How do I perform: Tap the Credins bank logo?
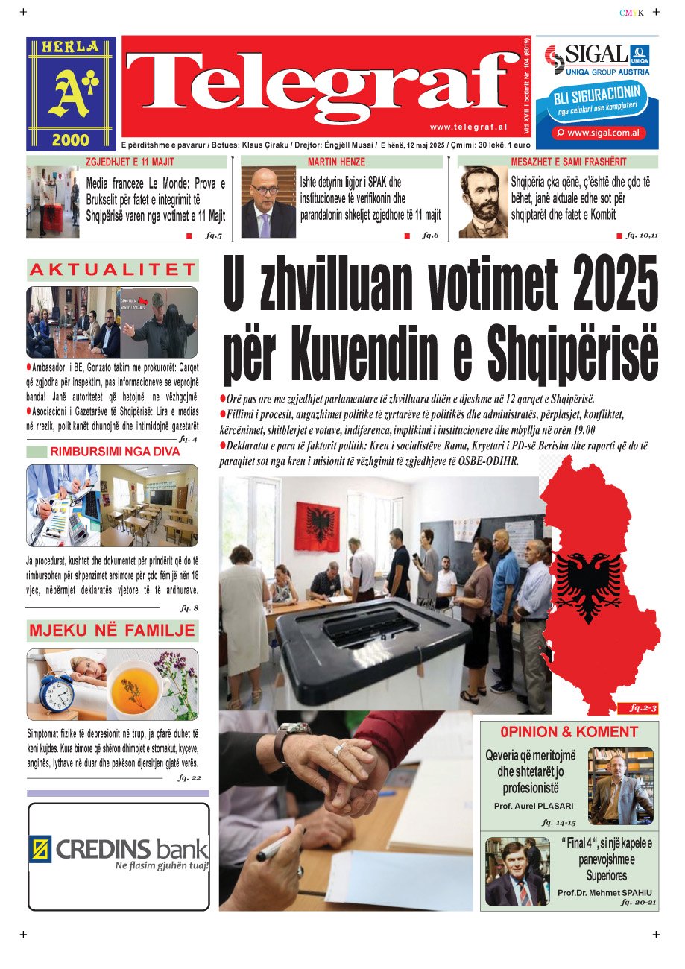pos(119,850)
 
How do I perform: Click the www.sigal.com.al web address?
pos(597,133)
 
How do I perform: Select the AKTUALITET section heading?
pos(113,269)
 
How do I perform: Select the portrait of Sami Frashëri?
pos(482,201)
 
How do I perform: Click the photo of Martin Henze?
pos(268,201)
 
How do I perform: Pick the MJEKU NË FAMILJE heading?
pos(113,631)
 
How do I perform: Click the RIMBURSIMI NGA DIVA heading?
pos(115,452)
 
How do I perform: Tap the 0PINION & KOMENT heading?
pos(569,732)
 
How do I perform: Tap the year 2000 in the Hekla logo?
pos(71,139)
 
